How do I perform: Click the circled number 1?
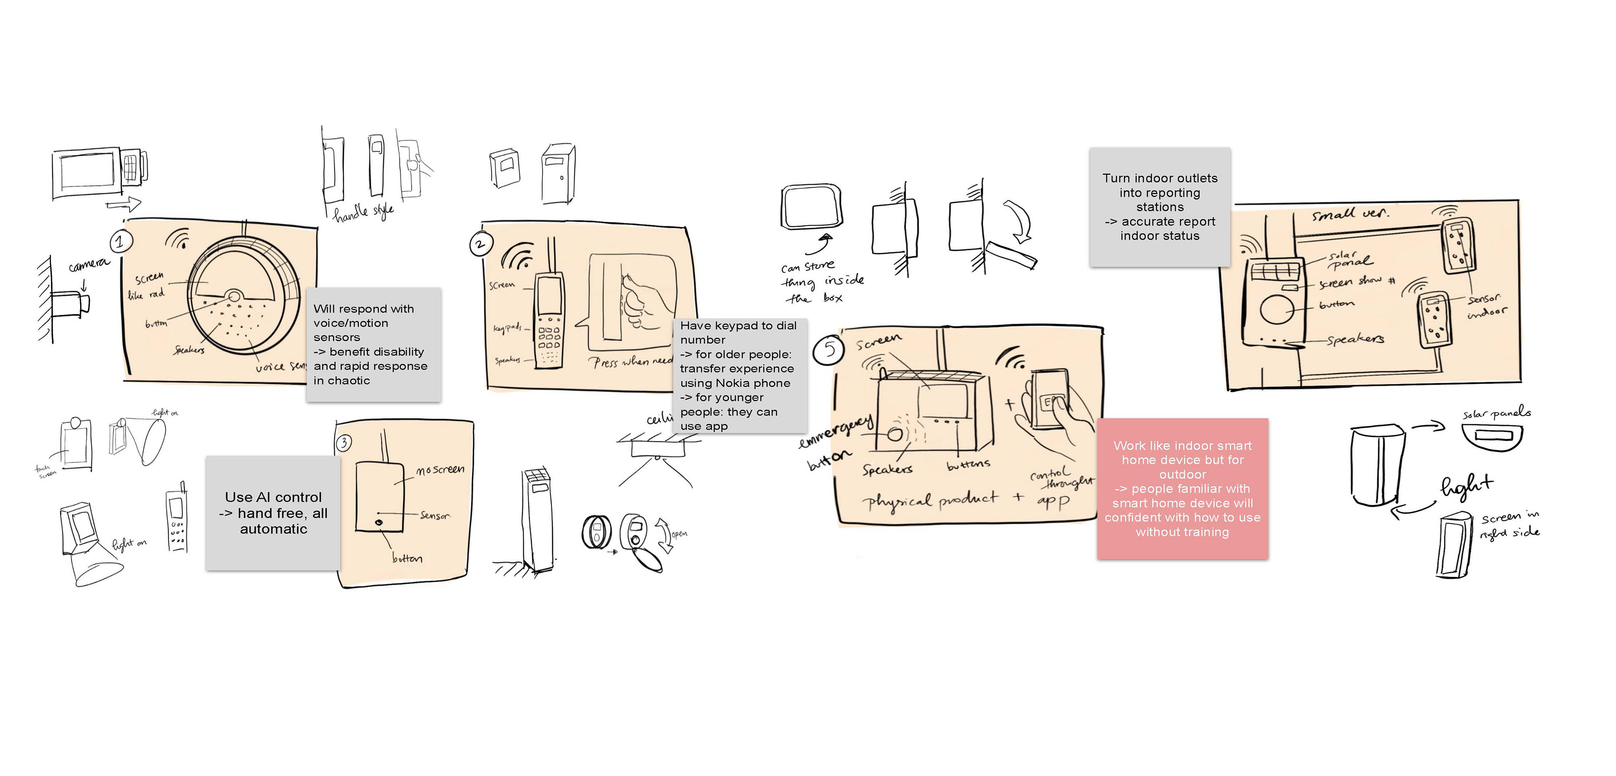[x=120, y=241]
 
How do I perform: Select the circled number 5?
[x=829, y=349]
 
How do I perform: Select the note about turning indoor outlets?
[x=1160, y=207]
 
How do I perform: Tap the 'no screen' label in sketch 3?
[x=440, y=469]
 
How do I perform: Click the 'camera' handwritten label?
[x=88, y=265]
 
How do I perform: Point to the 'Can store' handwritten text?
[x=808, y=267]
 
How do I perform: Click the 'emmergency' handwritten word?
[x=836, y=432]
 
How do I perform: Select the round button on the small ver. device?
[x=1277, y=309]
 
